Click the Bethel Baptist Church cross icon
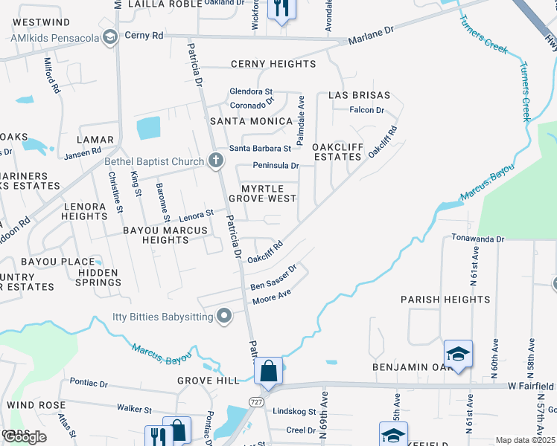[x=215, y=161]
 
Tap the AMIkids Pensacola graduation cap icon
[x=110, y=36]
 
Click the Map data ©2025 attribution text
[x=525, y=440]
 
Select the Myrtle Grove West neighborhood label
[x=262, y=193]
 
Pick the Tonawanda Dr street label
[x=478, y=239]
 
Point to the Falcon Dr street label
[x=367, y=110]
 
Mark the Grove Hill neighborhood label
[x=209, y=381]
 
